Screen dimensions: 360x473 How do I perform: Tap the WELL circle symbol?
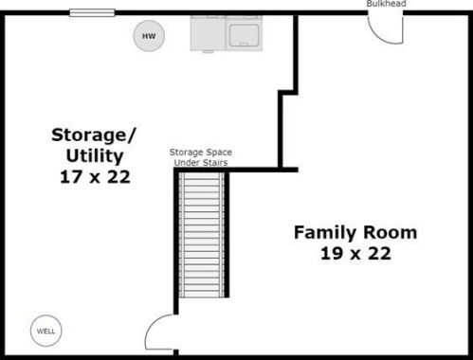pyautogui.click(x=45, y=331)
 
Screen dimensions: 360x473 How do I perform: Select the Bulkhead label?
pyautogui.click(x=387, y=4)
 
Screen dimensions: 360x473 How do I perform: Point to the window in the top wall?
pyautogui.click(x=92, y=13)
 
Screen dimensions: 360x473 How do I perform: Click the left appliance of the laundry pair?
pyautogui.click(x=209, y=34)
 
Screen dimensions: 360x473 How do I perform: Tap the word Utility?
pyautogui.click(x=92, y=154)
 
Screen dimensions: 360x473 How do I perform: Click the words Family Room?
pyautogui.click(x=355, y=232)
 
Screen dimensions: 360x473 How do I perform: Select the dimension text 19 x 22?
pyautogui.click(x=355, y=253)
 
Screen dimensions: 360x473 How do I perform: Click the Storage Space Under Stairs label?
pyautogui.click(x=201, y=157)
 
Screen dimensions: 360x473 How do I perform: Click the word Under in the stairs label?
pyautogui.click(x=186, y=162)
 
